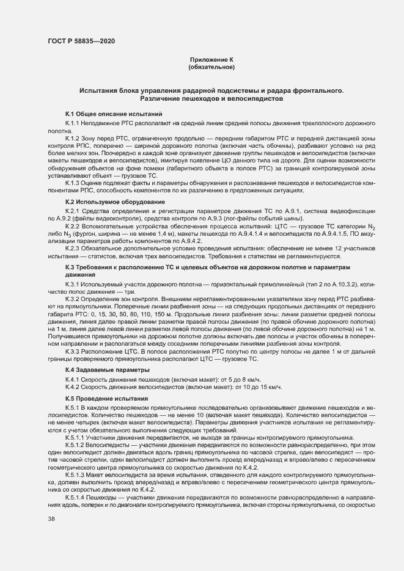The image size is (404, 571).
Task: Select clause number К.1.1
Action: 73,123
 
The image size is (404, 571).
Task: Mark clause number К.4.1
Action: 73,380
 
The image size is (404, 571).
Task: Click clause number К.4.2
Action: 73,388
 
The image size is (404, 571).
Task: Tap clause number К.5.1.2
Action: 75,445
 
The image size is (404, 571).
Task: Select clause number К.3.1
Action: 73,285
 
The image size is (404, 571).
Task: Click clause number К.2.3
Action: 73,249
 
